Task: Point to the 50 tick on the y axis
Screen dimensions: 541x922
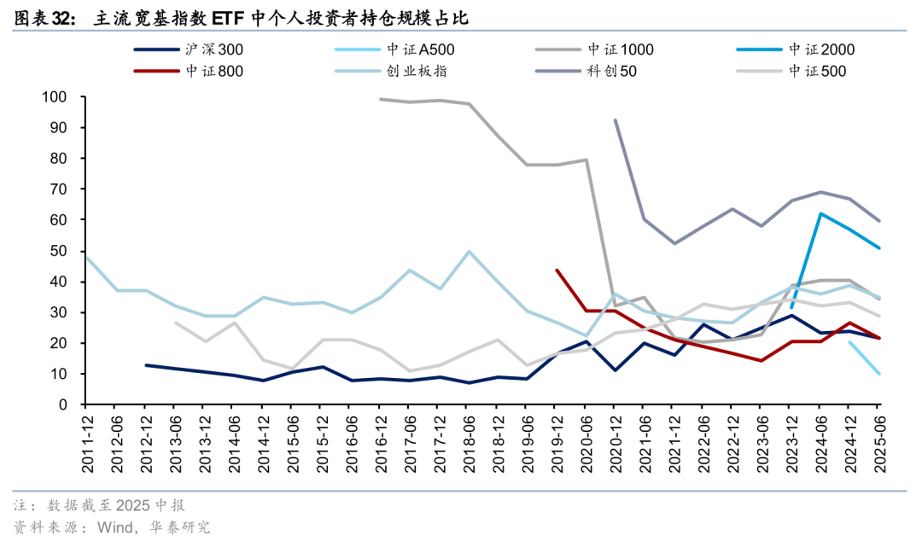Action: click(59, 251)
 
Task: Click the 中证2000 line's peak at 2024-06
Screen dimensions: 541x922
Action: click(821, 213)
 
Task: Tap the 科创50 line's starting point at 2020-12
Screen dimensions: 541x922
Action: click(616, 120)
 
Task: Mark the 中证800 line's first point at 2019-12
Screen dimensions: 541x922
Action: click(557, 270)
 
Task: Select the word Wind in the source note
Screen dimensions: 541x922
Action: click(114, 526)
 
